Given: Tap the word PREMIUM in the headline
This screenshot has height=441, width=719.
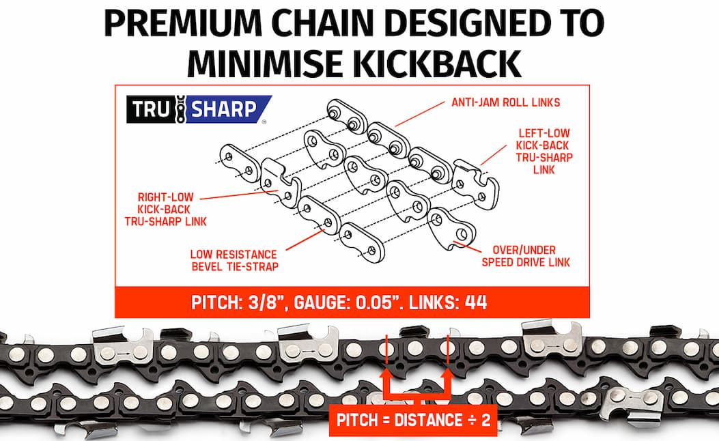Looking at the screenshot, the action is (184, 23).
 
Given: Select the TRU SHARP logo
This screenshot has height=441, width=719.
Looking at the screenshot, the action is (199, 109).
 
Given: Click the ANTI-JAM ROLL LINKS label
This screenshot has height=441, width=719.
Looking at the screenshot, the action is (506, 102).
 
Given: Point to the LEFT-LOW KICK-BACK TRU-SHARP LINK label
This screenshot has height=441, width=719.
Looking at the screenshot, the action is (544, 152).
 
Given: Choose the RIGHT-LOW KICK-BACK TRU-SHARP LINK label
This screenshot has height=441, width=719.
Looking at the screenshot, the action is (165, 210).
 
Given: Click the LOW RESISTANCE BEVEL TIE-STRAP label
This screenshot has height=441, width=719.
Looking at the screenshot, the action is (234, 260).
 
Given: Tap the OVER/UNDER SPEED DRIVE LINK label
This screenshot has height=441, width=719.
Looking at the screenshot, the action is (526, 256).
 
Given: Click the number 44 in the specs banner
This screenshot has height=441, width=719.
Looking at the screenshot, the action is (476, 302).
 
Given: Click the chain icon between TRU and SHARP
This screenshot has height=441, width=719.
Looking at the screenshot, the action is (181, 109).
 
